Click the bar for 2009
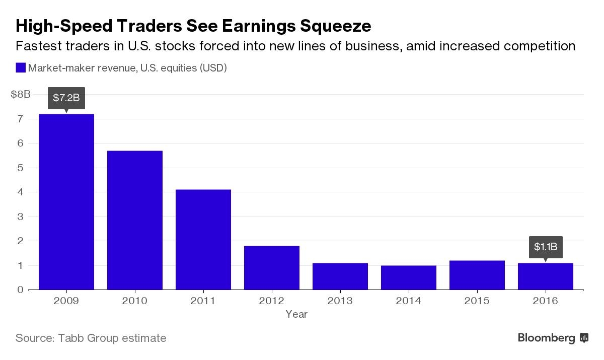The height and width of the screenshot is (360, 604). (x=66, y=201)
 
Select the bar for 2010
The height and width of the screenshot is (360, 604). (x=135, y=220)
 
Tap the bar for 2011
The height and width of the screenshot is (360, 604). (x=203, y=240)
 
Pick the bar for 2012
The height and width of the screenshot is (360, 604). (x=272, y=268)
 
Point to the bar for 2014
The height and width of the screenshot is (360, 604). (x=409, y=277)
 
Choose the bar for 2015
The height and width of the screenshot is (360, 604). (x=477, y=275)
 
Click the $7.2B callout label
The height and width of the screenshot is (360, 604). (x=66, y=98)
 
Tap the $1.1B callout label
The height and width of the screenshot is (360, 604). (x=546, y=247)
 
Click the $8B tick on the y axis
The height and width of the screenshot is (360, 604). (x=21, y=94)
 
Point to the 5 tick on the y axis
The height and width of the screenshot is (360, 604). (x=21, y=168)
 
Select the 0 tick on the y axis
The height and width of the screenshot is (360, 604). (x=21, y=290)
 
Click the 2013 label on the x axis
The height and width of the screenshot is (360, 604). (x=340, y=301)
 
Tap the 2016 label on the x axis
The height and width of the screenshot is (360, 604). (x=546, y=301)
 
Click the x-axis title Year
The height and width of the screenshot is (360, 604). (x=296, y=314)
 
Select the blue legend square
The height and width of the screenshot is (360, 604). (x=21, y=68)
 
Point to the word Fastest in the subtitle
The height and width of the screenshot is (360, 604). (x=38, y=46)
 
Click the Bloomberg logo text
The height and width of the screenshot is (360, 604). (x=547, y=338)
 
